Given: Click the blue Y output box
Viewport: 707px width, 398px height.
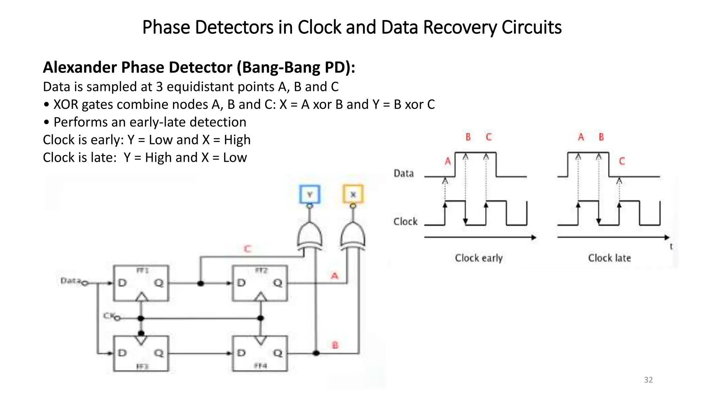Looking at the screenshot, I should (x=310, y=195).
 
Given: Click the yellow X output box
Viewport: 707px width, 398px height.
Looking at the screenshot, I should (x=353, y=195).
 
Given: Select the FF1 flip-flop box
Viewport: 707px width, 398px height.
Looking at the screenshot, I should (x=141, y=283).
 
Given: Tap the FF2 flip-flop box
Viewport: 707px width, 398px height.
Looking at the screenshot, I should (x=260, y=283).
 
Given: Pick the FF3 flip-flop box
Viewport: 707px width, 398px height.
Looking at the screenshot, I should (x=141, y=353).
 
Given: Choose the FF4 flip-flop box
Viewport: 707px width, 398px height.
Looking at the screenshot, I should (x=260, y=353).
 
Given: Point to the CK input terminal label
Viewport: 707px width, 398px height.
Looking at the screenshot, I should (x=109, y=316).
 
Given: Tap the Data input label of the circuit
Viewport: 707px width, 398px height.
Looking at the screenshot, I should (x=70, y=281).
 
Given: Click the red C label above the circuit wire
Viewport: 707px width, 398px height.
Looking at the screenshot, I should (x=248, y=249).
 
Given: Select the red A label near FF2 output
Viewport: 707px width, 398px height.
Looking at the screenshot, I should (x=335, y=276).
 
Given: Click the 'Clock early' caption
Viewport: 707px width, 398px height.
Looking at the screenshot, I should (x=478, y=258).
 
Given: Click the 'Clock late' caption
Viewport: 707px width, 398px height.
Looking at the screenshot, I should (x=609, y=258).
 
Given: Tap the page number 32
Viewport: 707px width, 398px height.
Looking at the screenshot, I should (x=648, y=380).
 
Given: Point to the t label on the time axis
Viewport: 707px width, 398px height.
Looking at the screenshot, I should (x=671, y=247).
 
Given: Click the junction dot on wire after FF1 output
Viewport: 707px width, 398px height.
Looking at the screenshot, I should (x=201, y=283).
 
